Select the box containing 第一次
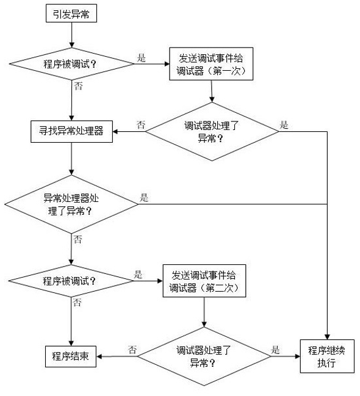(x=211, y=63)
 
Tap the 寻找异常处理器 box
(x=71, y=131)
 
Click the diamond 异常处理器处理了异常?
(x=71, y=204)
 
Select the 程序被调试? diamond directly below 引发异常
(x=71, y=63)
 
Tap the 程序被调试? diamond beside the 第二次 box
(x=71, y=281)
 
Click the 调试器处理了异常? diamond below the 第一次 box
(x=212, y=131)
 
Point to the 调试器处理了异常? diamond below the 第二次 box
(x=204, y=355)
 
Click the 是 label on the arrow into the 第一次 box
(x=142, y=58)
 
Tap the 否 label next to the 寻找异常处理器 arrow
(x=140, y=124)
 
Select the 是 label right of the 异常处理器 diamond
(x=145, y=198)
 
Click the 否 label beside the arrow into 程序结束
(x=132, y=350)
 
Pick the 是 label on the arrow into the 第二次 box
(x=138, y=275)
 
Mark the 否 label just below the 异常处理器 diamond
(x=77, y=239)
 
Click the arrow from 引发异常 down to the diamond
(x=71, y=35)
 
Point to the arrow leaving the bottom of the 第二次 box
(x=204, y=311)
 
